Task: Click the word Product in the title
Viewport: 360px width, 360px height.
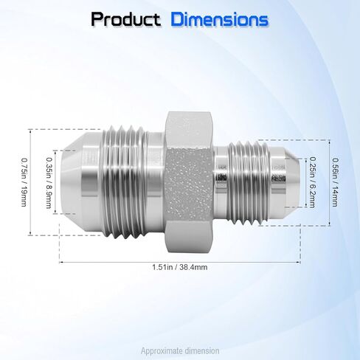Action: (126, 20)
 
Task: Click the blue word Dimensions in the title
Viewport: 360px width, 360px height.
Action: (219, 20)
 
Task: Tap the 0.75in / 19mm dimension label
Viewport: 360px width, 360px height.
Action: (24, 181)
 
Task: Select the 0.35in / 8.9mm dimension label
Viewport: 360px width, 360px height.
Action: (49, 181)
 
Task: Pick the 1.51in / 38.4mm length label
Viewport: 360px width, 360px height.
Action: (179, 268)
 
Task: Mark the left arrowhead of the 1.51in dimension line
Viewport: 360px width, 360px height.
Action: (62, 260)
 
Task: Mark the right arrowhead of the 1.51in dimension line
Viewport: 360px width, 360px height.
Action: (298, 260)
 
